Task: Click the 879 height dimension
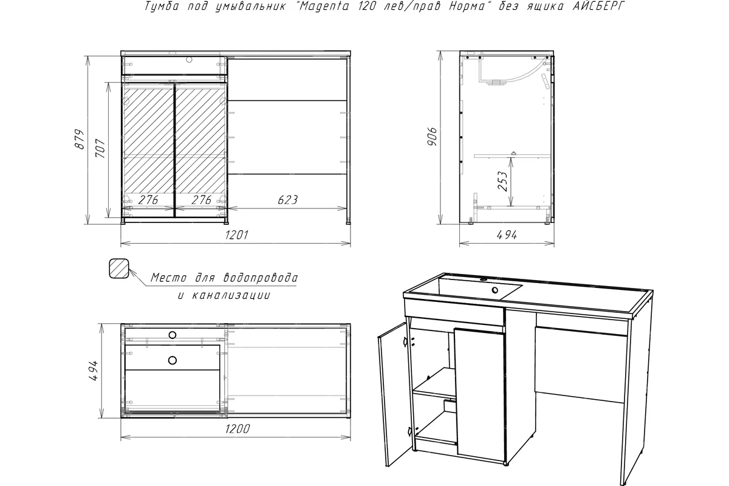tap(80, 140)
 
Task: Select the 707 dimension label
tap(100, 148)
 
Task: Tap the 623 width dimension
tap(288, 200)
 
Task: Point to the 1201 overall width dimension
tap(236, 234)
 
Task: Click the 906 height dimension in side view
tap(433, 137)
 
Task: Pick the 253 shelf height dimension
tap(502, 181)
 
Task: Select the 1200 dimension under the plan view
tap(238, 429)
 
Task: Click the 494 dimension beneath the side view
tap(507, 234)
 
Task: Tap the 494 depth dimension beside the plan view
tap(94, 371)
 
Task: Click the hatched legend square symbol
tap(119, 269)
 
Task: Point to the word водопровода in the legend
tap(261, 278)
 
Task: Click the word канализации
tap(231, 295)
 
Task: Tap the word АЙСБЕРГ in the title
tap(599, 6)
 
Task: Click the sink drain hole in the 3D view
tap(495, 290)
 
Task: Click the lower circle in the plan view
tap(173, 360)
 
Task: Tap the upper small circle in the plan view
tap(172, 335)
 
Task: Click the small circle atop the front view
tap(189, 60)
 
